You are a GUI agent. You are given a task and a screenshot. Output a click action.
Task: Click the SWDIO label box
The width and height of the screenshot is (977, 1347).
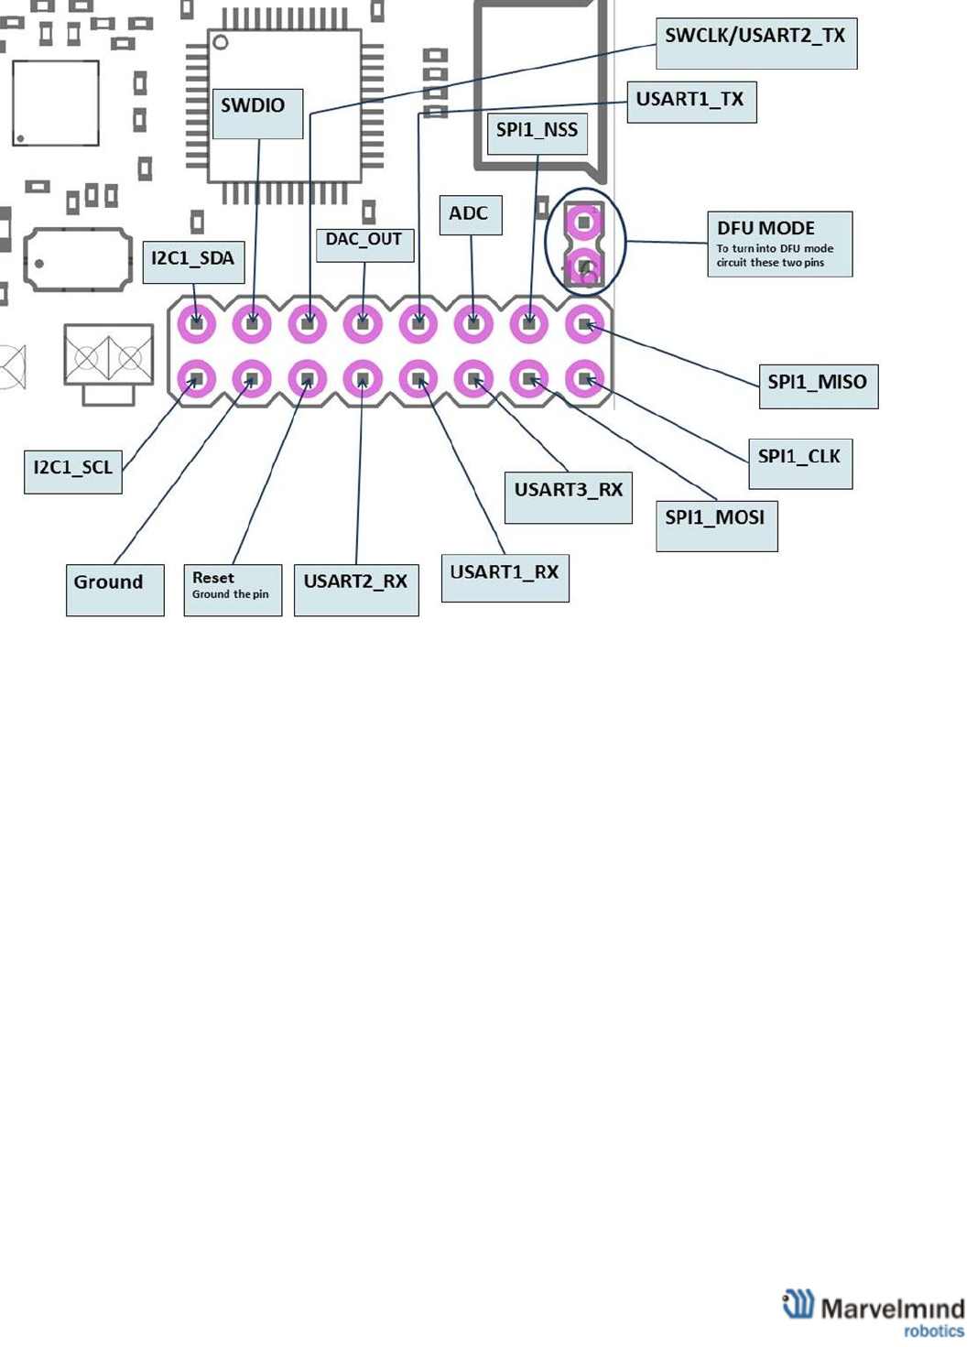pyautogui.click(x=257, y=113)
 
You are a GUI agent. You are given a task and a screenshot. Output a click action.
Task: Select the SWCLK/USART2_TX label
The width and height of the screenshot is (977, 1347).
pyautogui.click(x=756, y=42)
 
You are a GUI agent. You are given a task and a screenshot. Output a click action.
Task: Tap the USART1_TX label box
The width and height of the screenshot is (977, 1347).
pyautogui.click(x=691, y=101)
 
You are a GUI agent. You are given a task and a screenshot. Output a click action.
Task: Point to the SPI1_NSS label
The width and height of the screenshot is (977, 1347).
pyautogui.click(x=537, y=132)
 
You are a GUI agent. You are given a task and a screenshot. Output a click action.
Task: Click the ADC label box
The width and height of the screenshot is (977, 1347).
pyautogui.click(x=470, y=214)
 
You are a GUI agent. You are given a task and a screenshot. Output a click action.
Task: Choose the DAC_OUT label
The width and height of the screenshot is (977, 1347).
pyautogui.click(x=364, y=244)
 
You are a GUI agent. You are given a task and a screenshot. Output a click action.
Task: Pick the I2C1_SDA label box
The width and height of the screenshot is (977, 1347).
pyautogui.click(x=193, y=261)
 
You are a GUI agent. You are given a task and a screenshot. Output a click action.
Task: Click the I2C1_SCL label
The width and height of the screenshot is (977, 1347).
pyautogui.click(x=72, y=470)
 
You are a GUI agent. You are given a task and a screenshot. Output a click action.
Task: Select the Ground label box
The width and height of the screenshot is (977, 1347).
pyautogui.click(x=114, y=589)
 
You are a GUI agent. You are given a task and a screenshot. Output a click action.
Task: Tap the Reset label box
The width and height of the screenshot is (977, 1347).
pyautogui.click(x=233, y=589)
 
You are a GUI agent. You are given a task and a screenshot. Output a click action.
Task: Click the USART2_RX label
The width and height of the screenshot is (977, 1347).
pyautogui.click(x=356, y=589)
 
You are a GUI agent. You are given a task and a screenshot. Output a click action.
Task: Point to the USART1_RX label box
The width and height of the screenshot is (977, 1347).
pyautogui.click(x=505, y=577)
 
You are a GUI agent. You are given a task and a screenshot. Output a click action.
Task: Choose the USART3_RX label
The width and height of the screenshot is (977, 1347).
pyautogui.click(x=568, y=496)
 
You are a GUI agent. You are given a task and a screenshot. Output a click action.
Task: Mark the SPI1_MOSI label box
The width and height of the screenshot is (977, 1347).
pyautogui.click(x=716, y=525)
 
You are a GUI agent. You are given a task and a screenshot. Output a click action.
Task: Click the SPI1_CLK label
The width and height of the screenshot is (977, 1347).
pyautogui.click(x=799, y=462)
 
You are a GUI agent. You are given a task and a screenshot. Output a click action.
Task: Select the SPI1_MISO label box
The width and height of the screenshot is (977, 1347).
pyautogui.click(x=818, y=386)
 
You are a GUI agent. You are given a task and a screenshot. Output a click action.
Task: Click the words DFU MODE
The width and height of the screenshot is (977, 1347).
pyautogui.click(x=765, y=228)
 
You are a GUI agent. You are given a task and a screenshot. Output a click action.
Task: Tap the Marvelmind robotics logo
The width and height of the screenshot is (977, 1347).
pyautogui.click(x=874, y=1313)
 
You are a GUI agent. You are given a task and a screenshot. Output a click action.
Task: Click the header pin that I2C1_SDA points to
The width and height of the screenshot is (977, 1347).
pyautogui.click(x=197, y=323)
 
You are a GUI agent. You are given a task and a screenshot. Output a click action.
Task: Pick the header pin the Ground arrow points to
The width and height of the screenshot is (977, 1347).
pyautogui.click(x=252, y=378)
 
